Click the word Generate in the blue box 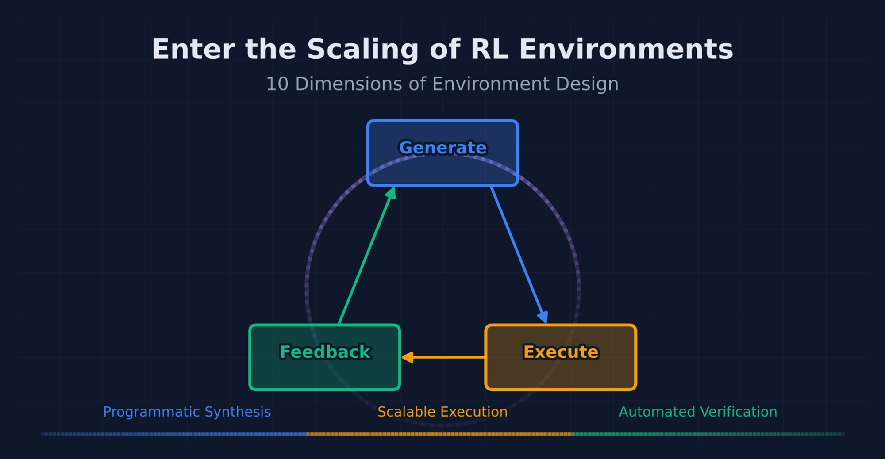click(442, 148)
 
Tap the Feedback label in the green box click(325, 352)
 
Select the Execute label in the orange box click(560, 352)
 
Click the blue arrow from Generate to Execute click(518, 252)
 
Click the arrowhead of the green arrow click(392, 193)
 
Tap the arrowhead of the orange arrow click(408, 357)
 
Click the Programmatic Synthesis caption click(187, 412)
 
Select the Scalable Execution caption click(442, 412)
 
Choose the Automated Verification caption click(697, 412)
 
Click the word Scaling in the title click(362, 50)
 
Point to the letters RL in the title click(489, 50)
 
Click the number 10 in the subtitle click(277, 84)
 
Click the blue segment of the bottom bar click(177, 434)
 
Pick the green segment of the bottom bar click(708, 434)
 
